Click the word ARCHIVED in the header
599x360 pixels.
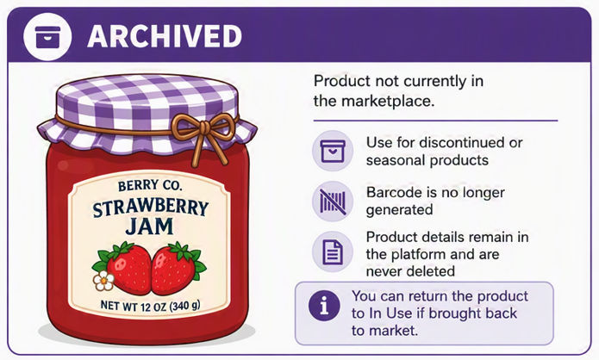click(165, 36)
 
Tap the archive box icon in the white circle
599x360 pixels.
click(47, 37)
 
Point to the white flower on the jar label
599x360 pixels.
click(103, 281)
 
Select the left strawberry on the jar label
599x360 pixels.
click(126, 268)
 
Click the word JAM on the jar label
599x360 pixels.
click(149, 227)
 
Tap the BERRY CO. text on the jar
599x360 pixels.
click(150, 186)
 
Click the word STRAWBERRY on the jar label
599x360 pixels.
click(151, 208)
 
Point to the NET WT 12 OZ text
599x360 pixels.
click(150, 306)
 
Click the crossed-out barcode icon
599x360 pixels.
click(333, 202)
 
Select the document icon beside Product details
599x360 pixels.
click(333, 252)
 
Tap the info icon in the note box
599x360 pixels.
click(324, 306)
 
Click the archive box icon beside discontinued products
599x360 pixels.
click(333, 151)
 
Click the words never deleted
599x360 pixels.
click(410, 271)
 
